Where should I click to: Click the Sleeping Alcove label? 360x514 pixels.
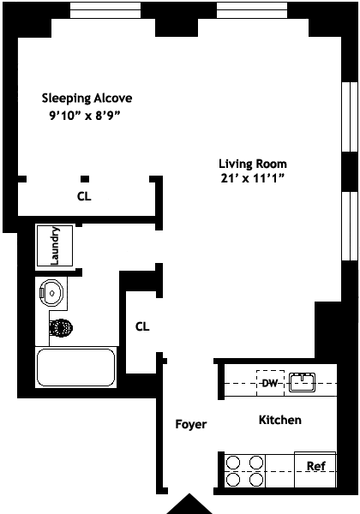click(x=87, y=99)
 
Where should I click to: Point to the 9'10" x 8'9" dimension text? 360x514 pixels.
click(x=84, y=116)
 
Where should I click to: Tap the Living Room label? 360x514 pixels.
click(x=253, y=164)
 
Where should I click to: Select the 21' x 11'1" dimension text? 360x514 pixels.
click(x=252, y=178)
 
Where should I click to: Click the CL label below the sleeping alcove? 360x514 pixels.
click(x=84, y=196)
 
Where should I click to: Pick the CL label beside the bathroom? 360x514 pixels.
click(x=142, y=326)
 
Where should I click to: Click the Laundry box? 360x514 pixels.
click(x=55, y=246)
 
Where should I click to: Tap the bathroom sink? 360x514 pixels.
click(x=51, y=293)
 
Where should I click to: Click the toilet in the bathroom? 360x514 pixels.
click(x=61, y=327)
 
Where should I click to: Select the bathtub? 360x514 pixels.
click(x=75, y=368)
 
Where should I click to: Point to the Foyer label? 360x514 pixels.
click(x=191, y=424)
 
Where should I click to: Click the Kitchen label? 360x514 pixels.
click(x=280, y=420)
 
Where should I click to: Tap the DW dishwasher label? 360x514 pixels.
click(x=270, y=383)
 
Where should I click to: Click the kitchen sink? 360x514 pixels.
click(x=302, y=382)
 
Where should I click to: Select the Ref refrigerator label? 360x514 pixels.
click(x=316, y=466)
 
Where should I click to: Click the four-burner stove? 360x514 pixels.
click(x=245, y=471)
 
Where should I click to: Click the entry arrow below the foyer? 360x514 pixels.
click(x=189, y=505)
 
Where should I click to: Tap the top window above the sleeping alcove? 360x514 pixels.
click(x=105, y=10)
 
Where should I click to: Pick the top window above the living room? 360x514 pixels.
click(x=252, y=10)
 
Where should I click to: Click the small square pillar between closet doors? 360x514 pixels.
click(x=85, y=179)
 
